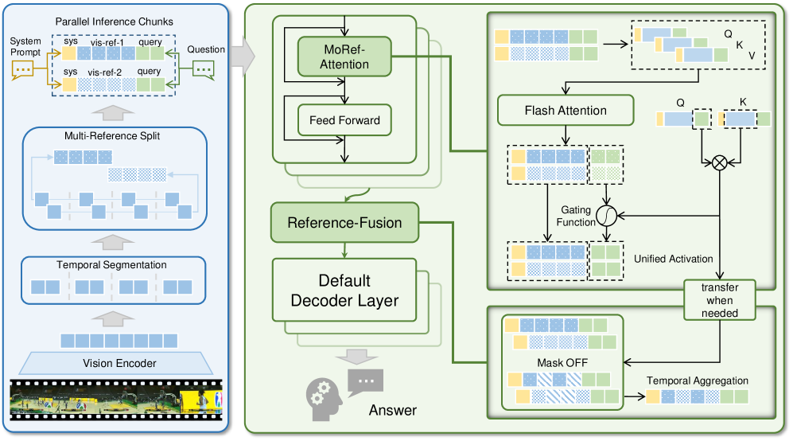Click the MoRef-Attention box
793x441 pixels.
click(344, 56)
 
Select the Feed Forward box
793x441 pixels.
click(345, 121)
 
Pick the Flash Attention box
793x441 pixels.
click(566, 111)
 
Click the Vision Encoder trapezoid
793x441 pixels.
click(119, 364)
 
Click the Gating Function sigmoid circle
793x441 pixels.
click(608, 215)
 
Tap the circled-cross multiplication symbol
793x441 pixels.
click(720, 162)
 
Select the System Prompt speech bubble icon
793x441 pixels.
click(25, 71)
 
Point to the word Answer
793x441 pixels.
click(393, 412)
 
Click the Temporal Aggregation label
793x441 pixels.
click(697, 381)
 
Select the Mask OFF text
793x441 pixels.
click(561, 361)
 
